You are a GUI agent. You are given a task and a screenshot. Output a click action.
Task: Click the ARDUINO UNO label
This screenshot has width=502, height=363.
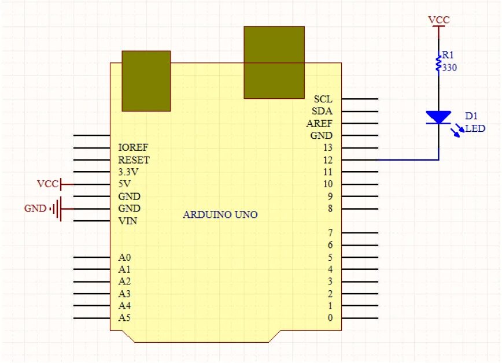[x=220, y=215]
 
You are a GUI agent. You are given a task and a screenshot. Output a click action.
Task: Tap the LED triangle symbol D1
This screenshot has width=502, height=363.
[x=439, y=117]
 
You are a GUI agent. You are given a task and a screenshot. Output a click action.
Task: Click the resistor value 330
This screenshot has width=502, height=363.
[x=449, y=68]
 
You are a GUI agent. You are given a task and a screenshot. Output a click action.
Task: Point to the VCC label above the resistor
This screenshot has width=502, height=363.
[x=439, y=20]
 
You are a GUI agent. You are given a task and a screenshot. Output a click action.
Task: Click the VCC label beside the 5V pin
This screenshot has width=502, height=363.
[x=48, y=184]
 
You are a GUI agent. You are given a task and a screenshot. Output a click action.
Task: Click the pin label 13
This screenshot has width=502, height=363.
[x=328, y=147]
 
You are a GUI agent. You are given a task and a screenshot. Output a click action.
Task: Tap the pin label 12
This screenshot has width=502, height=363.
[x=328, y=160]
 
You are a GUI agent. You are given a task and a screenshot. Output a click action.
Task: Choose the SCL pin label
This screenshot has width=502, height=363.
[x=323, y=99]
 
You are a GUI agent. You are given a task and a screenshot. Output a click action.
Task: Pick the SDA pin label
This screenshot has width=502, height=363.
[x=323, y=111]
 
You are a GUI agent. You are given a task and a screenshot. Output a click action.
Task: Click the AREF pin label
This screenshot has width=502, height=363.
[x=320, y=124]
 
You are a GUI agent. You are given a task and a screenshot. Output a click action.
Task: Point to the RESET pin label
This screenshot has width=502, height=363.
[x=134, y=160]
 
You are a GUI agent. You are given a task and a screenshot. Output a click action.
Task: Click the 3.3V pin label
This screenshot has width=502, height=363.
[x=128, y=172]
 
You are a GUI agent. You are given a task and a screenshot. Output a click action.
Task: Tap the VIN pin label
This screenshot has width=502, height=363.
[x=128, y=221]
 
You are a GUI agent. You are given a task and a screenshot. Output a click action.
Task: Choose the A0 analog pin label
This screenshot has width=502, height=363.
[x=125, y=257]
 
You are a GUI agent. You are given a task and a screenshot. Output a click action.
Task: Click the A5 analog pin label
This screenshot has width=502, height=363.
[x=125, y=318]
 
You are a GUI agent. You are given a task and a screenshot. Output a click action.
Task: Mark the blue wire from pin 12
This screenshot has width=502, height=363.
[x=408, y=160]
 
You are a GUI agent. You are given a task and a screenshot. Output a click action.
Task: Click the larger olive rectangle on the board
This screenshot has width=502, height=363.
[x=274, y=62]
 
